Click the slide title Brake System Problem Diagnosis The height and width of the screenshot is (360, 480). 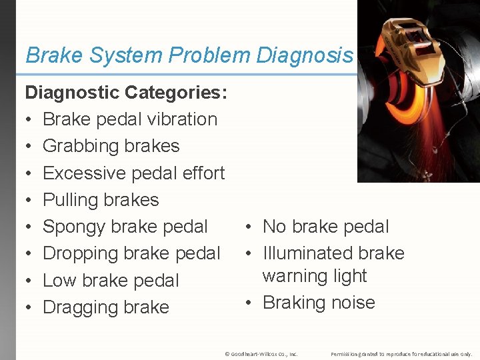(x=189, y=55)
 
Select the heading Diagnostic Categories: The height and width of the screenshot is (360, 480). (x=127, y=92)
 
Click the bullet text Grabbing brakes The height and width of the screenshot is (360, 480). (x=111, y=146)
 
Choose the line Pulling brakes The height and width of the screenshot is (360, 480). (x=101, y=200)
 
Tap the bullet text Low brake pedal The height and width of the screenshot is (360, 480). (x=111, y=281)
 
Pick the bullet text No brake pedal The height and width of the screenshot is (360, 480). (x=325, y=227)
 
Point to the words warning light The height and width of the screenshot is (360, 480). (x=315, y=275)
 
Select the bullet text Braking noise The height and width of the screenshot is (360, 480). (x=319, y=303)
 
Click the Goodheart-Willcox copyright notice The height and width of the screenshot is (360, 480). (x=261, y=354)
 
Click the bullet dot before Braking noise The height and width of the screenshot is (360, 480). (x=247, y=303)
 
